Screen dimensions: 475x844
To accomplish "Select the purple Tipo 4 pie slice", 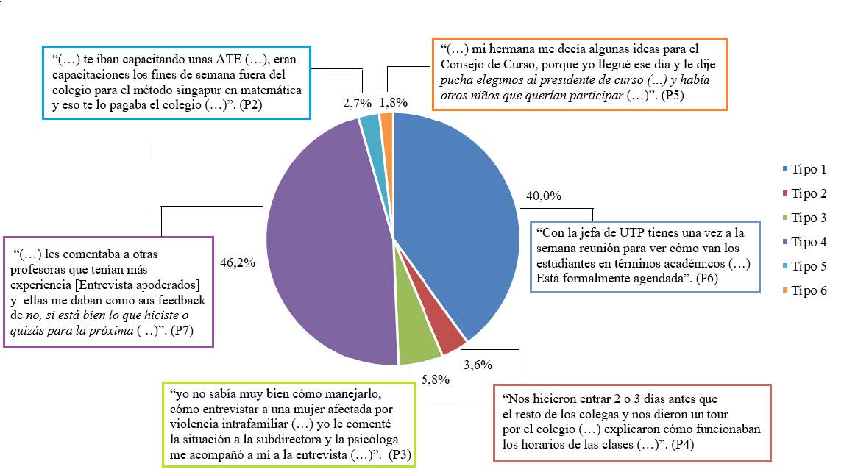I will [x=324, y=243].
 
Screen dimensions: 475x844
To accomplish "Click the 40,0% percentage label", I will [x=543, y=196].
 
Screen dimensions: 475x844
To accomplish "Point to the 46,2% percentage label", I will [x=238, y=261].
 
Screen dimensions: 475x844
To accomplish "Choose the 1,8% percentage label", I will [x=394, y=103].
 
